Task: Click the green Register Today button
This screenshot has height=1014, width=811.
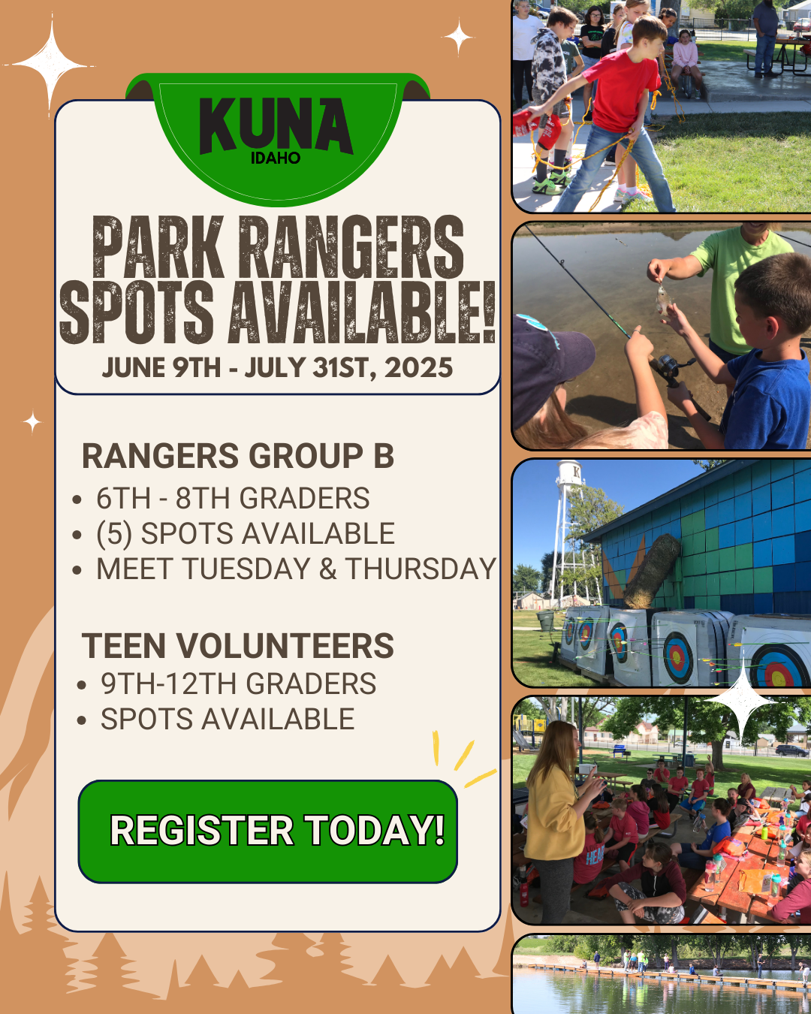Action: pyautogui.click(x=268, y=831)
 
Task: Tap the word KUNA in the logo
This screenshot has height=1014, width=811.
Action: pyautogui.click(x=276, y=125)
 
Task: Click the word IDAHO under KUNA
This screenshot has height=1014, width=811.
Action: pyautogui.click(x=276, y=158)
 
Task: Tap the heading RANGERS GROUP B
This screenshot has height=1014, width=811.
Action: pyautogui.click(x=237, y=456)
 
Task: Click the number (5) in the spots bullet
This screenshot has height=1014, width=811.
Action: pyautogui.click(x=114, y=534)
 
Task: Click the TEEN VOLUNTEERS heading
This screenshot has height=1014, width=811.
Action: pyautogui.click(x=237, y=646)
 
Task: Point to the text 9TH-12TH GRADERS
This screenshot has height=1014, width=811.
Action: pyautogui.click(x=238, y=684)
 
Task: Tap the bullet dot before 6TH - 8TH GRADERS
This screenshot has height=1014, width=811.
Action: pyautogui.click(x=77, y=500)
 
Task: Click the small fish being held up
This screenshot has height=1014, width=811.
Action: pyautogui.click(x=662, y=300)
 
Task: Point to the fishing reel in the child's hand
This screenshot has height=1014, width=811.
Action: pyautogui.click(x=667, y=369)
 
